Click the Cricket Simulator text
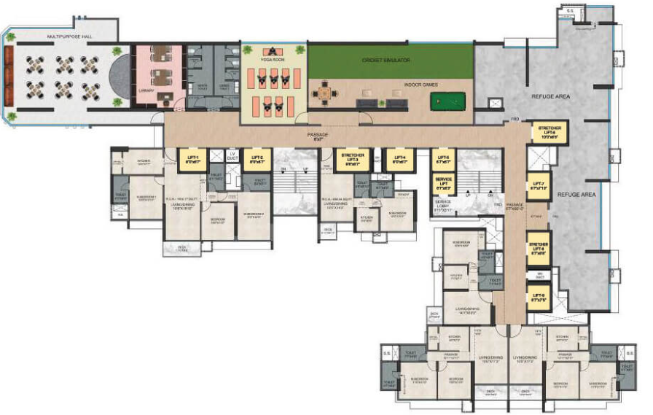[x=386, y=61]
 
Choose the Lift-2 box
[x=257, y=160]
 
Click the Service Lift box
[x=444, y=182]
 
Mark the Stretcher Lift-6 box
[x=549, y=132]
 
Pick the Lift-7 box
[x=539, y=187]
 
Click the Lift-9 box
[x=539, y=298]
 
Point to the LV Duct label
[x=233, y=157]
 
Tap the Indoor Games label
[x=421, y=85]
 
